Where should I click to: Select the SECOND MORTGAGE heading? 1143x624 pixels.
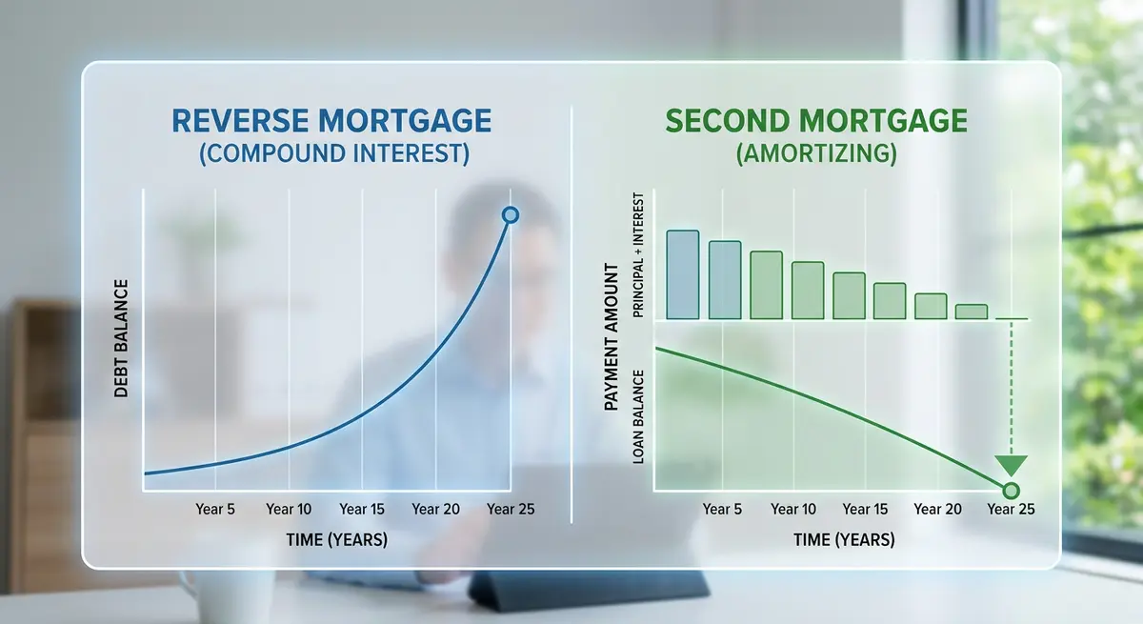(816, 121)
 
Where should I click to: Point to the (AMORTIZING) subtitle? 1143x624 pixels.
(816, 154)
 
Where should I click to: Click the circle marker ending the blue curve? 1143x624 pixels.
(510, 215)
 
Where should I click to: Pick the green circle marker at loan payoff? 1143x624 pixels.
(1012, 491)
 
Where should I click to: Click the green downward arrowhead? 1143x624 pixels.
(1012, 465)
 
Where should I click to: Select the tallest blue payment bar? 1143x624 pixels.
(682, 274)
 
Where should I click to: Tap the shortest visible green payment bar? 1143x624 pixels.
(971, 312)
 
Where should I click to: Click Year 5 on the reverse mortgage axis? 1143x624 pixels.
(215, 510)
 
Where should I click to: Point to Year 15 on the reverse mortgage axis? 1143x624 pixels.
(362, 510)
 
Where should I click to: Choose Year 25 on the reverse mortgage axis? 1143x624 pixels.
(511, 510)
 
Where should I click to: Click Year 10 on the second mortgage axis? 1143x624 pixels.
(793, 510)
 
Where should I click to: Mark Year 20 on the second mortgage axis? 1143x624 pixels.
(937, 510)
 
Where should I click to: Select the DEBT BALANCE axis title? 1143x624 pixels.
(121, 338)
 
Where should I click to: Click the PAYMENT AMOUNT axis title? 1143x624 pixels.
(612, 341)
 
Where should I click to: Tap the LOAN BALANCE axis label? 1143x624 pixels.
(639, 417)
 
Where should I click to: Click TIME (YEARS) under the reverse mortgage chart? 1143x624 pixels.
(336, 540)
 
